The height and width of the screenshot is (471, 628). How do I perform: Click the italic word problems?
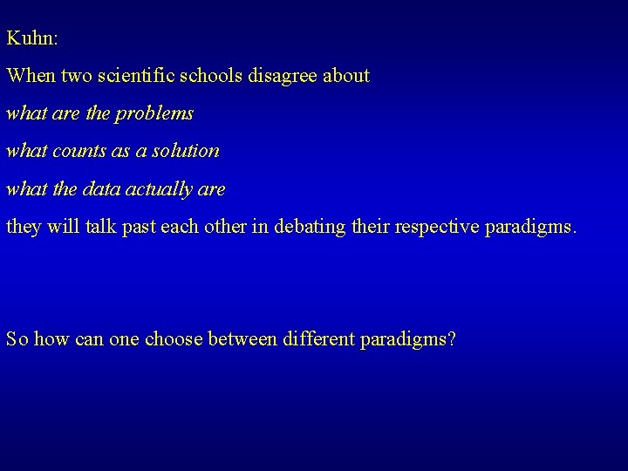[156, 113]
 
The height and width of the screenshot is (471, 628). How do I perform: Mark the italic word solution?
[185, 151]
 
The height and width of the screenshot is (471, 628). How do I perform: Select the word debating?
[311, 227]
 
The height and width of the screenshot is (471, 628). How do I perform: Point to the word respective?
[438, 227]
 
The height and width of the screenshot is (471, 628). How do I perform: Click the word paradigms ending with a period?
[533, 227]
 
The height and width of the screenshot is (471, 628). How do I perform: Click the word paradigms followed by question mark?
[409, 339]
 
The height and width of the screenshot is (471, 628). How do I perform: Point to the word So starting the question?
[17, 339]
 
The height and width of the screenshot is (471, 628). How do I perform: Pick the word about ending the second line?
[347, 76]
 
